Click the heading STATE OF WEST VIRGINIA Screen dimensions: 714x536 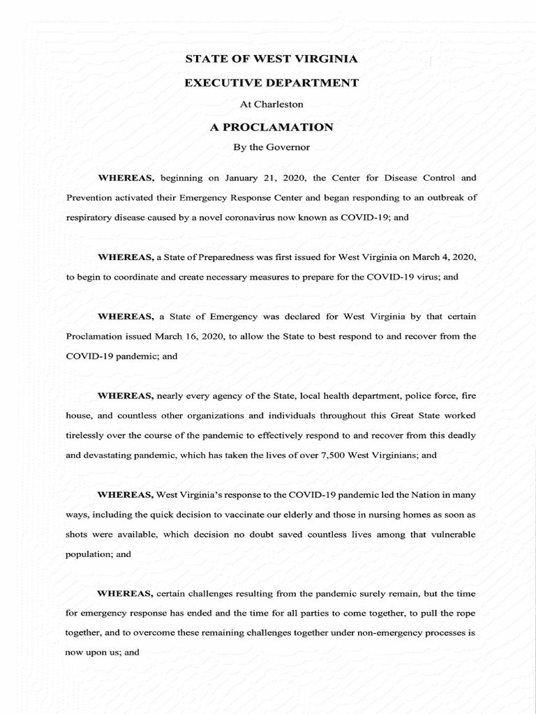click(271, 59)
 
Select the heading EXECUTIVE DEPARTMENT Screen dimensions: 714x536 click(271, 83)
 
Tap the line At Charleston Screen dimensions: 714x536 click(271, 105)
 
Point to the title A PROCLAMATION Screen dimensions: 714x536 click(271, 127)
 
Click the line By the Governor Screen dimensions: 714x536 click(271, 148)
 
